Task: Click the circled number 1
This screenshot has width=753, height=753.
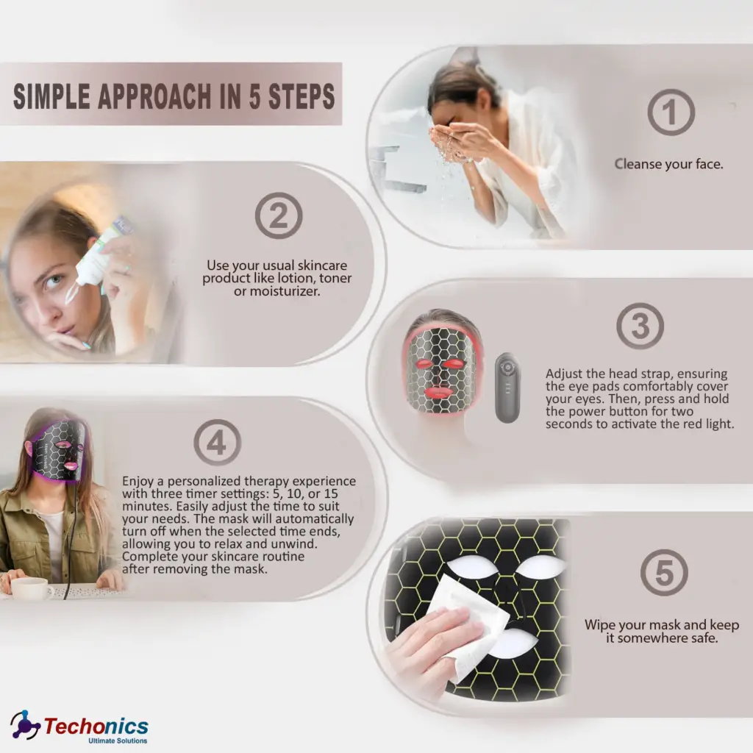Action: tap(671, 112)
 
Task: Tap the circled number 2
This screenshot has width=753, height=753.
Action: tap(279, 215)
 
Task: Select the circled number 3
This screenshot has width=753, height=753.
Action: tap(640, 326)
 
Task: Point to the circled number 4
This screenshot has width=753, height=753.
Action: tap(218, 442)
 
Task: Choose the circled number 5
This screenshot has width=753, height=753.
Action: tap(664, 572)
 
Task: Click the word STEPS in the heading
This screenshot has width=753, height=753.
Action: tap(301, 96)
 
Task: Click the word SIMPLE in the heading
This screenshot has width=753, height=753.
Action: tap(52, 96)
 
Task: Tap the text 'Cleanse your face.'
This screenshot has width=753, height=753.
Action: tap(668, 164)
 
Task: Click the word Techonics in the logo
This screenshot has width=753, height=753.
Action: tap(96, 726)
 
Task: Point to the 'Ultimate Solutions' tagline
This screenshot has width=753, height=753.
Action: tap(118, 740)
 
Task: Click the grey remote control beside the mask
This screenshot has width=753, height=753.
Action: tap(507, 388)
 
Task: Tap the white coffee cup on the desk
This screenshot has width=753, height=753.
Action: tap(31, 588)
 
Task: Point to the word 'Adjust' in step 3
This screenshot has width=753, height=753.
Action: tap(564, 374)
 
